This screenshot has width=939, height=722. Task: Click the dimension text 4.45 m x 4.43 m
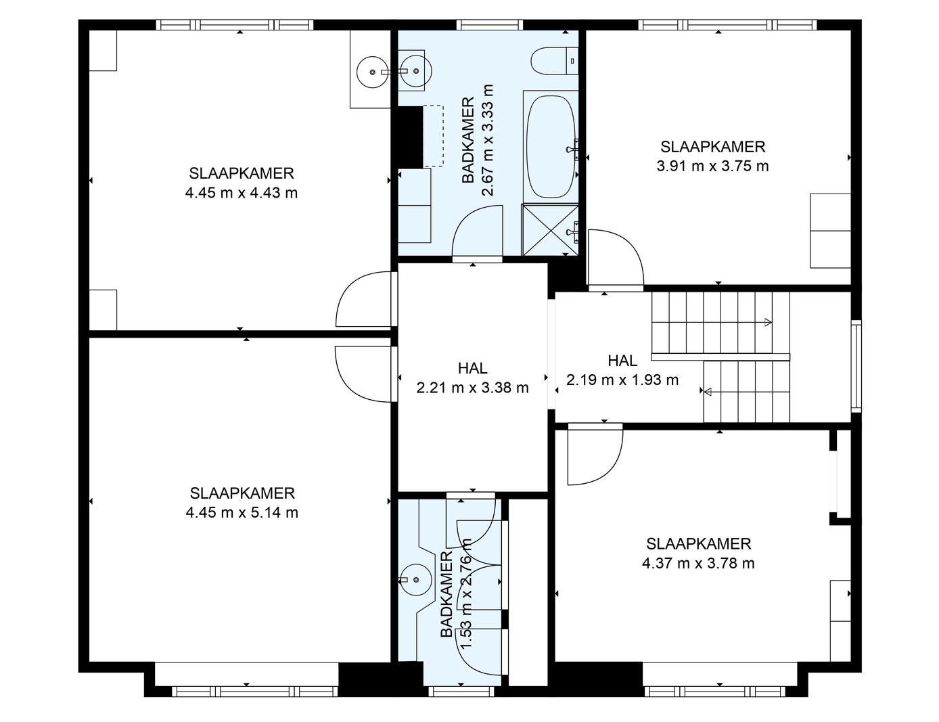pos(241,193)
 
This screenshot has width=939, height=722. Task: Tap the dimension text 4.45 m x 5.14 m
pos(242,512)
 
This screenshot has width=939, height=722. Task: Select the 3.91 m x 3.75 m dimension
pos(712,166)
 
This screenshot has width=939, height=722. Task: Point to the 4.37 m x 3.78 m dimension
pos(698,564)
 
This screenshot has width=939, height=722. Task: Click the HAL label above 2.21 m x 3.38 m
pos(473,368)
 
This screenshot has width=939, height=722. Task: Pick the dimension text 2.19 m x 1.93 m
pos(622,380)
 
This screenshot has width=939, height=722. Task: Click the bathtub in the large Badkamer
pos(551,147)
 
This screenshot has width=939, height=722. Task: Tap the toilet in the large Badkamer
pos(555,61)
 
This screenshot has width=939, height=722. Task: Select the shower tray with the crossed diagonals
pos(550,230)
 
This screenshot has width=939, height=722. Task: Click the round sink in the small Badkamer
pos(415,580)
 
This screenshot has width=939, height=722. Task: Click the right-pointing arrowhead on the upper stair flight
pos(768,322)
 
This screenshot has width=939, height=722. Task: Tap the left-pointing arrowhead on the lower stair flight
pos(708,392)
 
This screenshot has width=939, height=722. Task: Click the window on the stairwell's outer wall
pos(856,366)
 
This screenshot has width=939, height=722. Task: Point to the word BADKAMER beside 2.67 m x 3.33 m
pos(468,140)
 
